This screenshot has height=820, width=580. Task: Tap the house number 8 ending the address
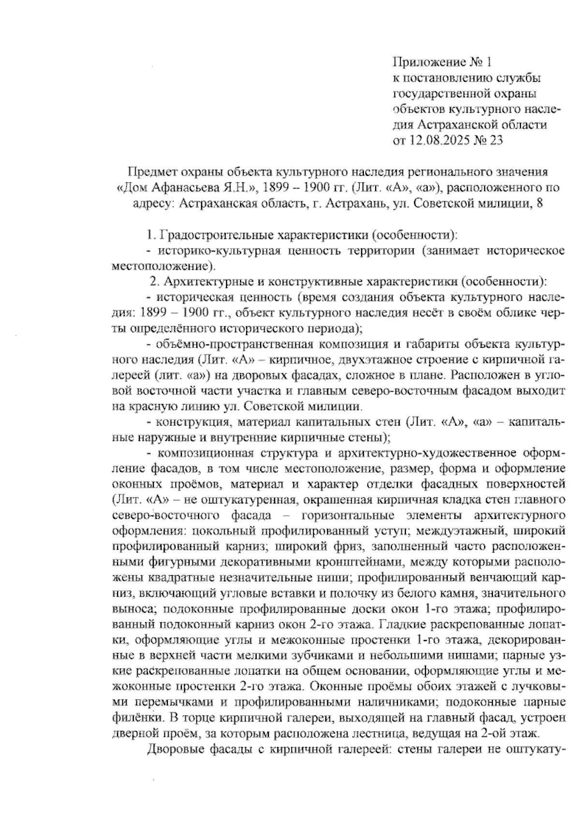pos(540,204)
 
